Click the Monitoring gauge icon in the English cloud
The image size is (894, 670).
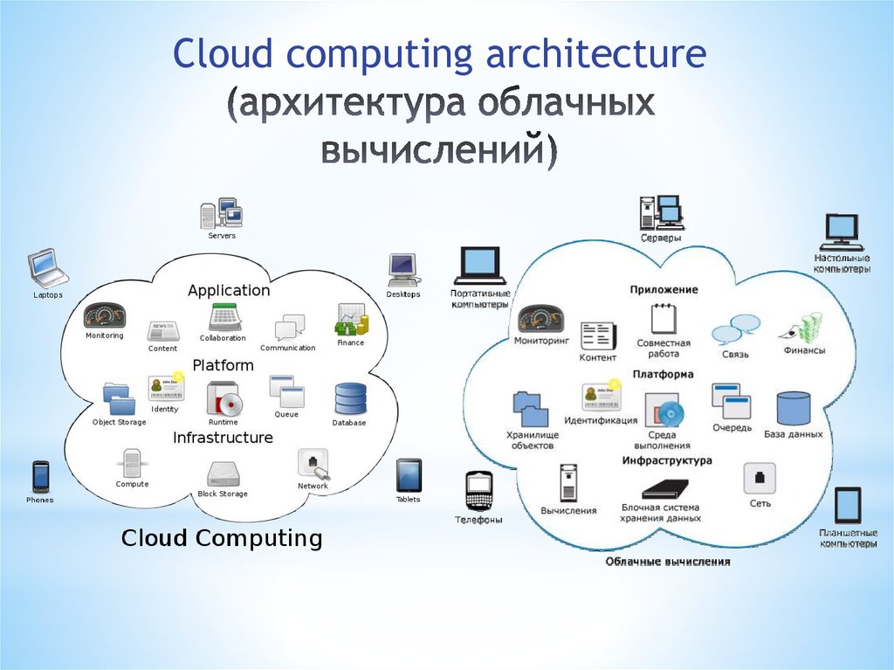pos(105,315)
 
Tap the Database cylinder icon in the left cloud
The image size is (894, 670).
pos(349,399)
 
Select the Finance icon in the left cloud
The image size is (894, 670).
pos(351,321)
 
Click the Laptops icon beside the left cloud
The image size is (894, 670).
pos(47,268)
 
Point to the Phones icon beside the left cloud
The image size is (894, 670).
pos(40,477)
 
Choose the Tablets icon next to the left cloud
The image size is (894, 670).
pos(409,475)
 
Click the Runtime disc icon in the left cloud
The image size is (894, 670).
pos(223,399)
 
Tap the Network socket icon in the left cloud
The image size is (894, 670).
pos(313,463)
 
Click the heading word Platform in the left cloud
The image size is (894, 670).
pos(223,365)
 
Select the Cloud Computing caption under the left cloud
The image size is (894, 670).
pos(222,537)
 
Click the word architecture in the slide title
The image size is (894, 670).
pos(597,54)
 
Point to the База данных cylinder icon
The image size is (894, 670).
pos(793,409)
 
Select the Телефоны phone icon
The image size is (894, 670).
pos(478,491)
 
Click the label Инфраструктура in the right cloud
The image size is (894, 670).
pos(667,460)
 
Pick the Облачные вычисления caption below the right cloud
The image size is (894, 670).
pos(668,562)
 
